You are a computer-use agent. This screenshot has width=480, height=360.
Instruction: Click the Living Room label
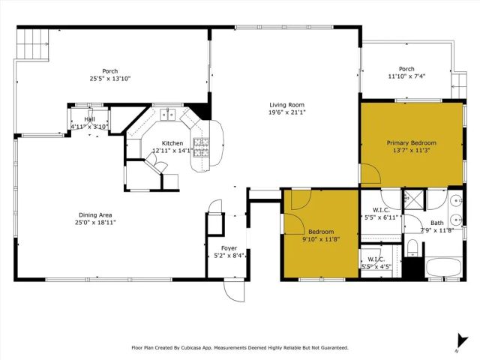point(287,105)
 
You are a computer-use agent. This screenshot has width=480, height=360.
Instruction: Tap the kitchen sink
point(167,115)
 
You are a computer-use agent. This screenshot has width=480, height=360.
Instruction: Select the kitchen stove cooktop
point(201,142)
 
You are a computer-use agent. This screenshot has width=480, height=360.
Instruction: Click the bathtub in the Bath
point(442,268)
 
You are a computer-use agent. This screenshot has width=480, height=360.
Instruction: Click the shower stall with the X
point(412,200)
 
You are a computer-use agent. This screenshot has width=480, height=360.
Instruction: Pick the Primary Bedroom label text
point(411,142)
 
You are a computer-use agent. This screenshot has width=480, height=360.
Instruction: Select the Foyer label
point(229,248)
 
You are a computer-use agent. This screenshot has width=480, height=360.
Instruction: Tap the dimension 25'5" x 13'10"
point(110,79)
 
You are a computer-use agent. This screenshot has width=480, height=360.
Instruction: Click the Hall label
point(89,119)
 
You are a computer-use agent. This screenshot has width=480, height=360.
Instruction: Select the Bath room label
point(436,223)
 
